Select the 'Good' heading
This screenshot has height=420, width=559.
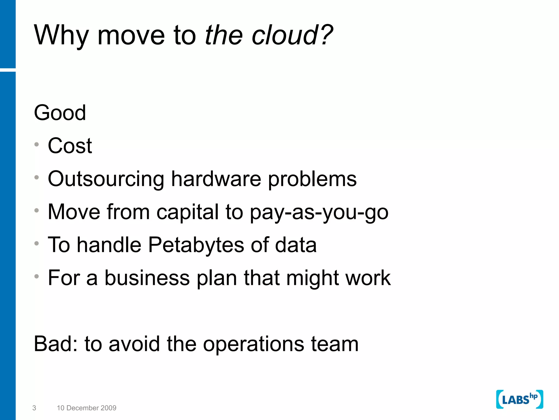click(60, 113)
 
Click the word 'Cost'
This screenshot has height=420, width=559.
click(70, 146)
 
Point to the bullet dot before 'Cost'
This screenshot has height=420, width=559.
click(37, 144)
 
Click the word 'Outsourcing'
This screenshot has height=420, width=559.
click(106, 179)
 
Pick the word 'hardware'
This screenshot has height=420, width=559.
click(216, 179)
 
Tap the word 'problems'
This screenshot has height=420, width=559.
click(312, 179)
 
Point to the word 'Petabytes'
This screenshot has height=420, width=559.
click(196, 245)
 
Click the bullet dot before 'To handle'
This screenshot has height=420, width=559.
click(37, 243)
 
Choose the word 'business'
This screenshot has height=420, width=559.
click(147, 278)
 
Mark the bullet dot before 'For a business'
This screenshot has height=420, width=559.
click(37, 276)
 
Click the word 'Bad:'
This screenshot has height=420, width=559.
click(56, 344)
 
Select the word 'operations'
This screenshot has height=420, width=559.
click(254, 344)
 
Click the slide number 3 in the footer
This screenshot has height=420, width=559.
click(34, 408)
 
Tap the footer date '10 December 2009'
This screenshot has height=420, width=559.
click(87, 408)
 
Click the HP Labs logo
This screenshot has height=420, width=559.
click(519, 399)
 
